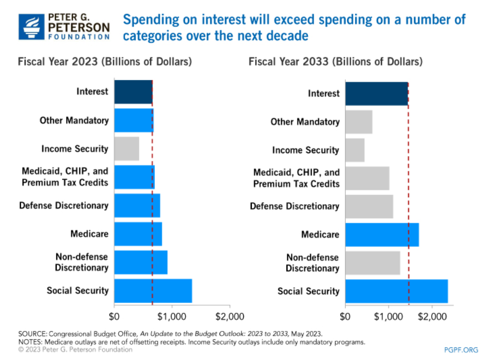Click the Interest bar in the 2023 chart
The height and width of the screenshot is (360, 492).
(x=133, y=92)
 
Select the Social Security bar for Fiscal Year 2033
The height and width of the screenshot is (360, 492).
(x=396, y=291)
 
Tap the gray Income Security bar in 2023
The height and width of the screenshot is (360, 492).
(x=127, y=148)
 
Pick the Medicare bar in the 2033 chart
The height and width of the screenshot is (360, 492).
(x=382, y=234)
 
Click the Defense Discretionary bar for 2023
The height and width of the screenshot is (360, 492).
(x=137, y=205)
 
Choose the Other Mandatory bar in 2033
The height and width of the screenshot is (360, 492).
(x=359, y=122)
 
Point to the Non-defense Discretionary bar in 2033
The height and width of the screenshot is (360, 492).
(x=372, y=262)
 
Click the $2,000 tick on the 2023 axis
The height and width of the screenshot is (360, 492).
(x=230, y=317)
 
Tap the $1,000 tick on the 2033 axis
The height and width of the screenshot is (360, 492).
(x=388, y=317)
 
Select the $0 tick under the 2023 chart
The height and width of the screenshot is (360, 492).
(x=115, y=317)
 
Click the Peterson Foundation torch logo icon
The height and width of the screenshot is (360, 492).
(x=32, y=27)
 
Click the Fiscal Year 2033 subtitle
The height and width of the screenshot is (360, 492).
(x=335, y=62)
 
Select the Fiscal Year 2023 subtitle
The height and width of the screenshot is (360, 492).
(x=105, y=62)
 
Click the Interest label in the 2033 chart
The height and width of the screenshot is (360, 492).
(x=324, y=94)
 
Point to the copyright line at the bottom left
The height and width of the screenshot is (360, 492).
(x=75, y=349)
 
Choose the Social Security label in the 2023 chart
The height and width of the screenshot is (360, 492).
(x=77, y=290)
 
